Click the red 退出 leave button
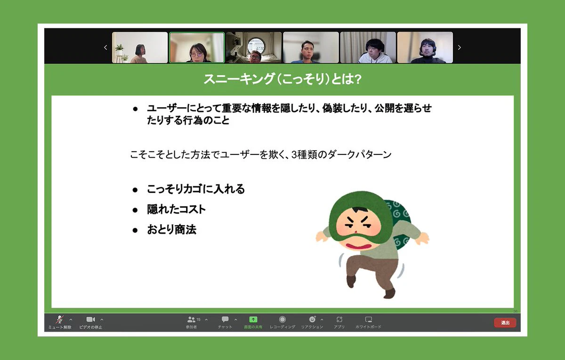(505, 322)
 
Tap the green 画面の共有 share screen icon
(253, 320)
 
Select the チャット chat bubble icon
(225, 320)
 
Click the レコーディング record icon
(282, 320)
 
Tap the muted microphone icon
(60, 320)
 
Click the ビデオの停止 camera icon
(90, 320)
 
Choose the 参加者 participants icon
(192, 320)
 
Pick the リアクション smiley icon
(312, 319)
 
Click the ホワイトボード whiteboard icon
(369, 320)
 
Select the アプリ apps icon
(339, 320)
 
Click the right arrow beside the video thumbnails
(460, 48)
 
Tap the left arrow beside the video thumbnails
(105, 48)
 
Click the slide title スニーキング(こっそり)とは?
(282, 79)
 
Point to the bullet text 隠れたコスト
(176, 209)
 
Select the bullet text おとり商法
(172, 230)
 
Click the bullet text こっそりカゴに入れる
(196, 189)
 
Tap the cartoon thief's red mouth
(358, 246)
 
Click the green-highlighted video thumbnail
(197, 48)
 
